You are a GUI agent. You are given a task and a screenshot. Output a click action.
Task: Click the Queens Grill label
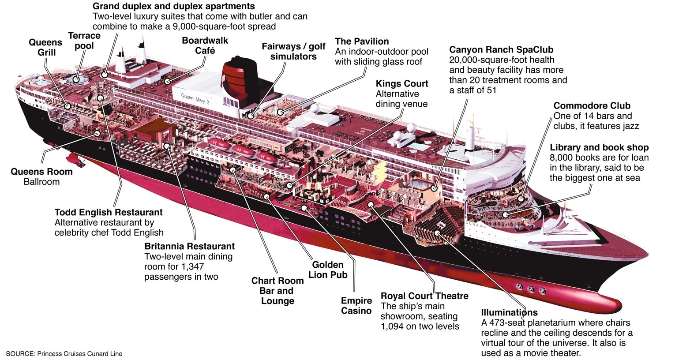[x=45, y=47]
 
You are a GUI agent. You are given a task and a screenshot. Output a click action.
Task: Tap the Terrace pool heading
[x=84, y=41]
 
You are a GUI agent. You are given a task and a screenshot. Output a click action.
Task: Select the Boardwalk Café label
[x=205, y=45]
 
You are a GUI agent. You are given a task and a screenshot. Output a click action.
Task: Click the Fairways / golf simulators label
[x=293, y=51]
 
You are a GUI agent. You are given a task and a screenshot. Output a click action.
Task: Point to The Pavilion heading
[x=362, y=41]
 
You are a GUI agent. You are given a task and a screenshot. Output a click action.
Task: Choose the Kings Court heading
[x=402, y=84]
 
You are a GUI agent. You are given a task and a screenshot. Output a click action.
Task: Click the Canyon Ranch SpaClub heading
[x=501, y=50]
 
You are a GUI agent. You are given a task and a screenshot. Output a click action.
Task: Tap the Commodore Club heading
[x=592, y=106]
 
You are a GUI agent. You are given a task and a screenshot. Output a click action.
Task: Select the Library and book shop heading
[x=599, y=148]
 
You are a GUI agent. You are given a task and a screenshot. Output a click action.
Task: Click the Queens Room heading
[x=41, y=172]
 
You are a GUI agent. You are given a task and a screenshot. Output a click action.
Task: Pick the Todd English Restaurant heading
[x=109, y=213]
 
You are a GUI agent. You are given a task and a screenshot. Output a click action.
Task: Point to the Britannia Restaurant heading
[x=189, y=246]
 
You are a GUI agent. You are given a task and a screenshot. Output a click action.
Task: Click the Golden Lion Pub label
[x=328, y=270]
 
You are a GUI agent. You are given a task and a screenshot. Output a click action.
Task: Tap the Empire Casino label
[x=356, y=305]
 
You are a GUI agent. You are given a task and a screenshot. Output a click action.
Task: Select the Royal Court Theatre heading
[x=424, y=296]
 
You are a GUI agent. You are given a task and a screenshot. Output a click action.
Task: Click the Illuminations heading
[x=509, y=313]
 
